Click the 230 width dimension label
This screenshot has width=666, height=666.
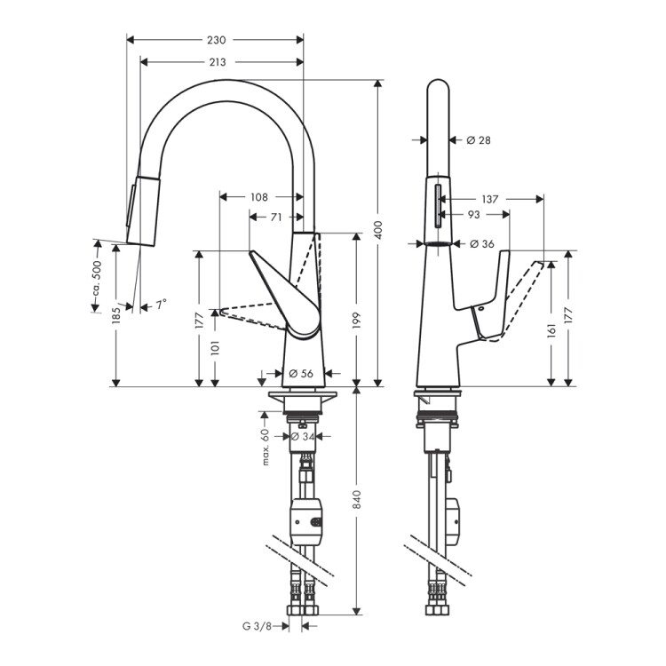pos(217,40)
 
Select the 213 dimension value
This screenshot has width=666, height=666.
pos(218,62)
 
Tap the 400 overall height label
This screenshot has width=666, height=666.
pos(378,229)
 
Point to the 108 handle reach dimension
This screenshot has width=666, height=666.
pos(259,197)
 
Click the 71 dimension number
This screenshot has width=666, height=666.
pos(276,217)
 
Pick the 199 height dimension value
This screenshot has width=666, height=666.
pos(356,321)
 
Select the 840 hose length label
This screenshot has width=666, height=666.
pos(356,499)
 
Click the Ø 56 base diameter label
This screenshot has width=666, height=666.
pos(301,373)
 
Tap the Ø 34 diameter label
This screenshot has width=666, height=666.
pos(303,436)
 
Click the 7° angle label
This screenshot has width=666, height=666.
pos(161,305)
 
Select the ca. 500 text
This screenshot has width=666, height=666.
pos(98,278)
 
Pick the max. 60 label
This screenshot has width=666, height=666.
pos(266,447)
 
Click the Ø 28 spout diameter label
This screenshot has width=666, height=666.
pos(479,139)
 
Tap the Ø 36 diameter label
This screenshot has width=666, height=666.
pos(482,244)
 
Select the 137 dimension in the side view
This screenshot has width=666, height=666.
pos(489,199)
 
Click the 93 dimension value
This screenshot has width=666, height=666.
pos(473,215)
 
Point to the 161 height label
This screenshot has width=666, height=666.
pos(551,330)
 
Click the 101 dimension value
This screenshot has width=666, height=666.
pos(215,347)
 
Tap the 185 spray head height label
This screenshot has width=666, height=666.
pos(116,315)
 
